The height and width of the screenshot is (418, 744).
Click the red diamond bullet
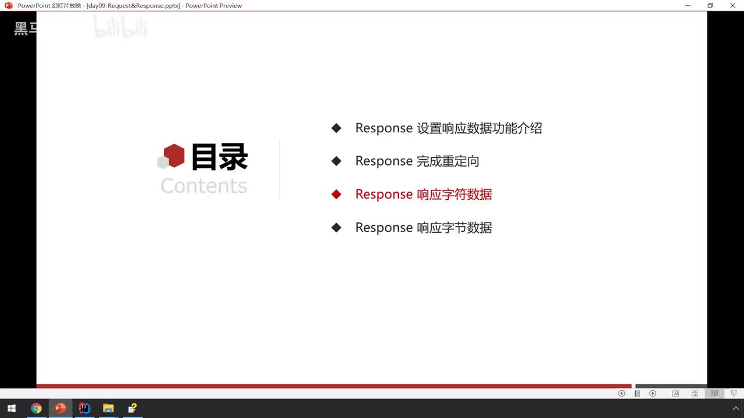click(x=336, y=194)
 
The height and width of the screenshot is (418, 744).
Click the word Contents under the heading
click(x=204, y=186)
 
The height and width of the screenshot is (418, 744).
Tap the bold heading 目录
click(x=220, y=157)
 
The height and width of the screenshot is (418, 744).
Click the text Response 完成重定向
click(x=417, y=161)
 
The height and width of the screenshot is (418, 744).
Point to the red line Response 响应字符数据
click(x=424, y=194)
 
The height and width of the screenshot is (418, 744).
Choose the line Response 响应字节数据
click(x=424, y=228)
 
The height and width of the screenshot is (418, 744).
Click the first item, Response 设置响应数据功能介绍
click(x=449, y=128)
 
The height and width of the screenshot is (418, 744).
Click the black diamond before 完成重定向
click(x=336, y=161)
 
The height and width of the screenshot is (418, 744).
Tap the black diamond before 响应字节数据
click(x=336, y=228)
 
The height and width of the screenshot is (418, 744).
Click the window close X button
click(x=732, y=6)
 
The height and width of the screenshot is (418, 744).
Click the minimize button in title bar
click(x=688, y=6)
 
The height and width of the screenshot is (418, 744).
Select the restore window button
click(x=710, y=6)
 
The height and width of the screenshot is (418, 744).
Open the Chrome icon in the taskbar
click(x=36, y=408)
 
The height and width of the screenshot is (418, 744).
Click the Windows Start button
click(x=12, y=408)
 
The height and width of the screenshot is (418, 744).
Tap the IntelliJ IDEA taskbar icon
click(x=84, y=408)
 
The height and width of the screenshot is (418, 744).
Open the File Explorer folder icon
click(x=108, y=408)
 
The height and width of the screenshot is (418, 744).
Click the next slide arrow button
click(x=653, y=394)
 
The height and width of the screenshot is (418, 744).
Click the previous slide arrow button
click(x=621, y=394)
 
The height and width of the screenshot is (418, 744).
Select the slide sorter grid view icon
click(x=695, y=394)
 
